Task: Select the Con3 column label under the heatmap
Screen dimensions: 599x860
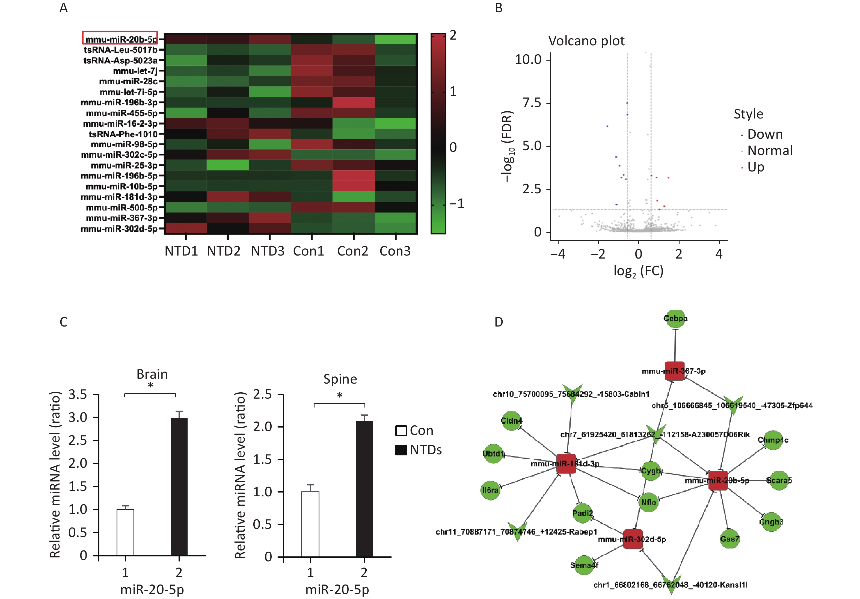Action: click(x=395, y=251)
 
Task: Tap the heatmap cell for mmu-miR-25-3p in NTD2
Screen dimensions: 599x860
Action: click(x=227, y=165)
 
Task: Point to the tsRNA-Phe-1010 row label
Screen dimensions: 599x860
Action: click(x=123, y=134)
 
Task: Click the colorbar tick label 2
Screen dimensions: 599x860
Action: click(x=453, y=35)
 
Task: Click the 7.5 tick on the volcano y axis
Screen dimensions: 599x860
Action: click(x=532, y=103)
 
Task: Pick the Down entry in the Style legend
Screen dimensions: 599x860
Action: click(x=764, y=134)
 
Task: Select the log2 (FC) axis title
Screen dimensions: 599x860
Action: click(x=638, y=271)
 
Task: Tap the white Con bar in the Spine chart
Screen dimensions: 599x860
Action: click(x=310, y=524)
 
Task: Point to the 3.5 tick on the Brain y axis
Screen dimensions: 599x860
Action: click(x=78, y=395)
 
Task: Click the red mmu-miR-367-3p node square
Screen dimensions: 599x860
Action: click(x=675, y=371)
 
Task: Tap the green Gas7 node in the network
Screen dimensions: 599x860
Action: click(x=729, y=539)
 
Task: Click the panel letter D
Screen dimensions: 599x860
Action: click(x=499, y=322)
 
